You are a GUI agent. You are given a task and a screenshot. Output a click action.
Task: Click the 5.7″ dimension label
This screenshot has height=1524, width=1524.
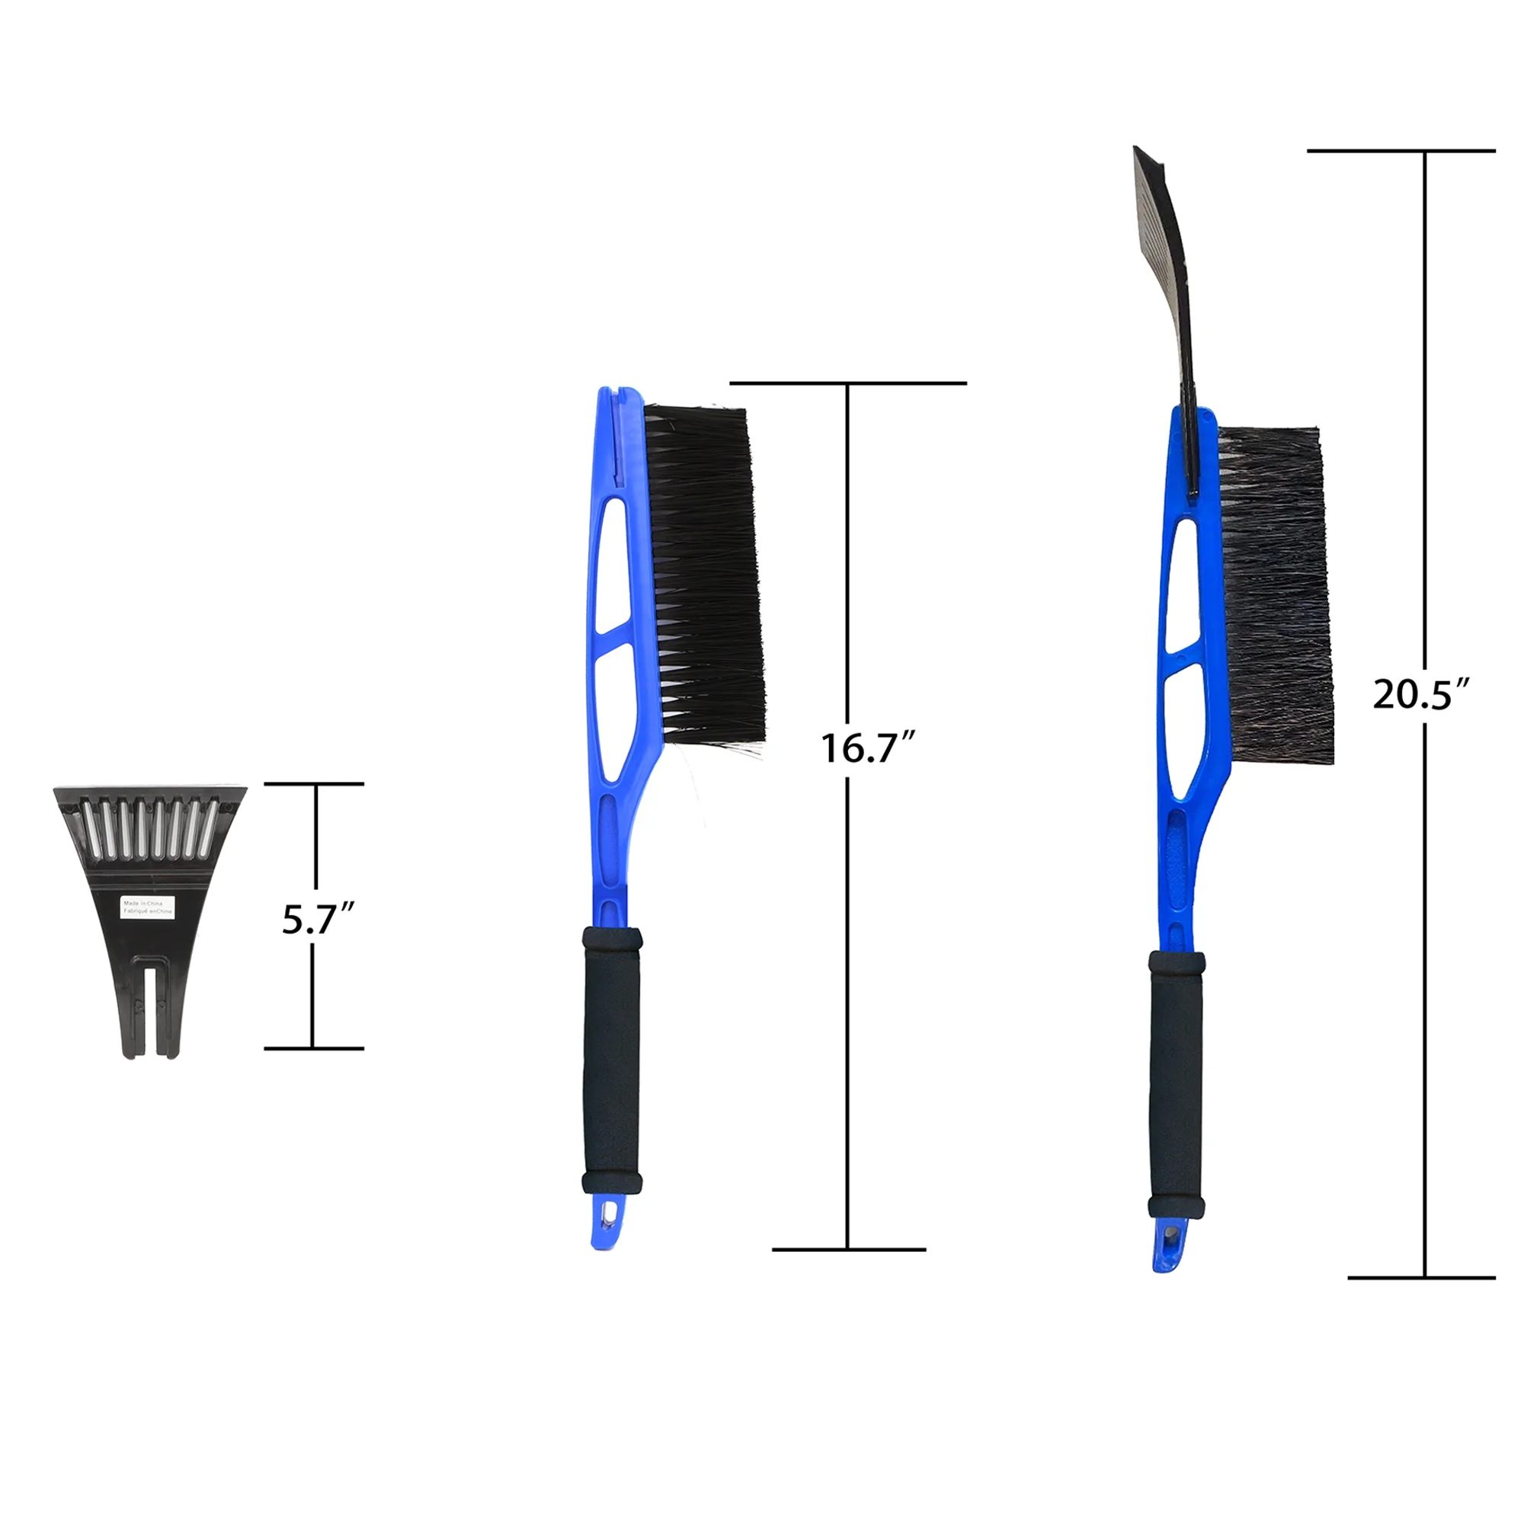tap(317, 919)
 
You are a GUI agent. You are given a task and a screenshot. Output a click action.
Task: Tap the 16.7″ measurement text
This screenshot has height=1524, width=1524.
tap(867, 748)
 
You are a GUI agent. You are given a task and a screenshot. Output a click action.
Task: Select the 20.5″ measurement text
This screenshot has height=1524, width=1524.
tap(1420, 694)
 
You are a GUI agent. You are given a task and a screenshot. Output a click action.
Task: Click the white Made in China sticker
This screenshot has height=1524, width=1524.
tap(148, 904)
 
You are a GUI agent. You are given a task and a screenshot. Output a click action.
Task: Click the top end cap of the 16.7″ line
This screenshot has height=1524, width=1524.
tap(848, 383)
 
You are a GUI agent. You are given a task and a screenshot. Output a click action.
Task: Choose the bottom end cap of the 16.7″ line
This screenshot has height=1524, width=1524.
tap(848, 1250)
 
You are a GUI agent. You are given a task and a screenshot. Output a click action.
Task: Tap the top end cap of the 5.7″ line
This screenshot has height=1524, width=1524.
tap(314, 784)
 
